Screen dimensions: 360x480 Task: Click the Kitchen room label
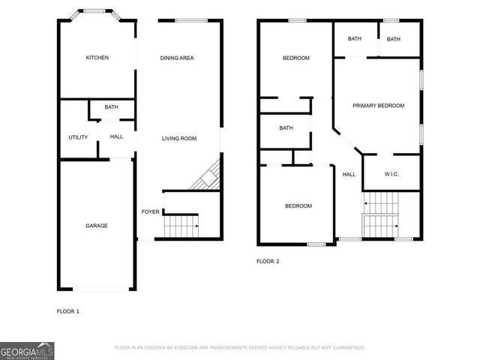pyautogui.click(x=97, y=58)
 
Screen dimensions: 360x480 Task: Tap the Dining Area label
pyautogui.click(x=177, y=58)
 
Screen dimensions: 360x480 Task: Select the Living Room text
pyautogui.click(x=179, y=138)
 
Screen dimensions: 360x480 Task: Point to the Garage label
pyautogui.click(x=97, y=225)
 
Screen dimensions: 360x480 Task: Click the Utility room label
pyautogui.click(x=78, y=137)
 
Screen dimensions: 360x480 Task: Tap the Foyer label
pyautogui.click(x=150, y=211)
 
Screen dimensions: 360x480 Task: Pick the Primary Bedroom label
pyautogui.click(x=378, y=106)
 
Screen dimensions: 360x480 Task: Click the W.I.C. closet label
pyautogui.click(x=391, y=174)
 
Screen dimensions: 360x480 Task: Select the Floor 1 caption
pyautogui.click(x=68, y=310)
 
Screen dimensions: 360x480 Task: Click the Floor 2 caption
pyautogui.click(x=268, y=261)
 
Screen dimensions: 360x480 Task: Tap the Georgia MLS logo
pyautogui.click(x=27, y=350)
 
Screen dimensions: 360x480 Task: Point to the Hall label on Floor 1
pyautogui.click(x=116, y=136)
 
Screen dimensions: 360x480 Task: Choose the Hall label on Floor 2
pyautogui.click(x=349, y=174)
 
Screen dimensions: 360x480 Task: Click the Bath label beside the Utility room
pyautogui.click(x=111, y=107)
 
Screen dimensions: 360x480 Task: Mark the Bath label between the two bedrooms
pyautogui.click(x=286, y=127)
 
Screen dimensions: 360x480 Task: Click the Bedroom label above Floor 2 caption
pyautogui.click(x=298, y=205)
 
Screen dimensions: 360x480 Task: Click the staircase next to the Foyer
pyautogui.click(x=181, y=223)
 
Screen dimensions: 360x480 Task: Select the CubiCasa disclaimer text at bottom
pyautogui.click(x=239, y=348)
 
